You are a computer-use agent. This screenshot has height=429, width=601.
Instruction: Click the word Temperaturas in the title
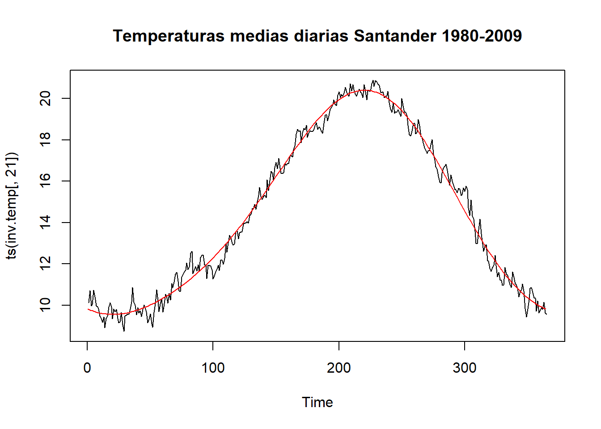(169, 36)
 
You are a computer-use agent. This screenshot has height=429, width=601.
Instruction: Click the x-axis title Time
(317, 402)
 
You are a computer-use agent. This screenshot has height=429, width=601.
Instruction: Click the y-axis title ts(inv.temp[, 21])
(12, 206)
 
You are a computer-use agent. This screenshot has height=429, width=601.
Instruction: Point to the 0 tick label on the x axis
(87, 368)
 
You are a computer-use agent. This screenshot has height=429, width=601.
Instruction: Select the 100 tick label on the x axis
(213, 368)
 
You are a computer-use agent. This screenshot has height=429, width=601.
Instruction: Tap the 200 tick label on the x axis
(339, 368)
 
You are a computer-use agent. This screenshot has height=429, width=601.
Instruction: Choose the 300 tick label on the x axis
(464, 368)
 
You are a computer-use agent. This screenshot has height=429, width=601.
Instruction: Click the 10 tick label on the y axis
(45, 305)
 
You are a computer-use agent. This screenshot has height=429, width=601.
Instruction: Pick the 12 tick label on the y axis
(45, 264)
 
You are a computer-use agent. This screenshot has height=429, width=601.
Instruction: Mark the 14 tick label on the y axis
(45, 223)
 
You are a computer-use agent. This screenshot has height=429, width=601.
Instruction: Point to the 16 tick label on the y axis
(45, 181)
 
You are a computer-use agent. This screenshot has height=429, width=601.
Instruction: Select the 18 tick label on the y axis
(45, 140)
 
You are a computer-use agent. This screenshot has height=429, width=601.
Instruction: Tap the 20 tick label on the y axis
(45, 98)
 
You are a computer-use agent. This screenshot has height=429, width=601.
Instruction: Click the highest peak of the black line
(373, 81)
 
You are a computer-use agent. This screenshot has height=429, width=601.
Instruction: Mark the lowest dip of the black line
(124, 331)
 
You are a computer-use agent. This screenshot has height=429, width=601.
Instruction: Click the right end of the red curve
(546, 309)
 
